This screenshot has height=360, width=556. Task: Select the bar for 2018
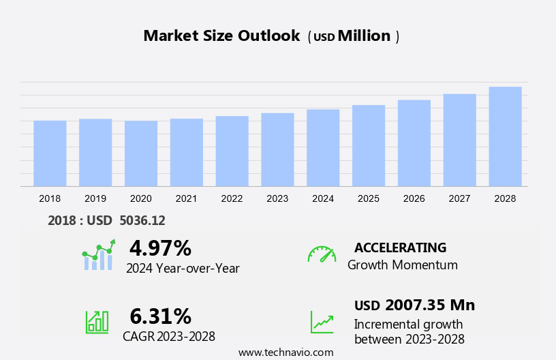(50, 153)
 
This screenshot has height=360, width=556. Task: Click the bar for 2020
(141, 153)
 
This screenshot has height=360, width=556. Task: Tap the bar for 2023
(277, 149)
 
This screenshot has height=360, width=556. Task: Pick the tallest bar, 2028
(505, 136)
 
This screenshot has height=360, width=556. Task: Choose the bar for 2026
(414, 143)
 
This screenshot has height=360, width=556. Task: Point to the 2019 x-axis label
(95, 198)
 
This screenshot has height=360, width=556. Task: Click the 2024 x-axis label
(323, 198)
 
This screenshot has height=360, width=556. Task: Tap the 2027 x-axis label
(460, 198)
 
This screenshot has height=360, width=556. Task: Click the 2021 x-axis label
(186, 198)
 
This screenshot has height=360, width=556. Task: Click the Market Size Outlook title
(221, 36)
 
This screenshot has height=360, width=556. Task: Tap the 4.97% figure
(160, 247)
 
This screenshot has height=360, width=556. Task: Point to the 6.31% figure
(160, 316)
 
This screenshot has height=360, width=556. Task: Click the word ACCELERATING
(400, 247)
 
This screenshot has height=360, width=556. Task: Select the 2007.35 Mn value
(430, 305)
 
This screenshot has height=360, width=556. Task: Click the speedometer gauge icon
(322, 254)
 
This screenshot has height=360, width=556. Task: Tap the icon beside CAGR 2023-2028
(96, 321)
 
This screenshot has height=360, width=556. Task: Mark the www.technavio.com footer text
(285, 352)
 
